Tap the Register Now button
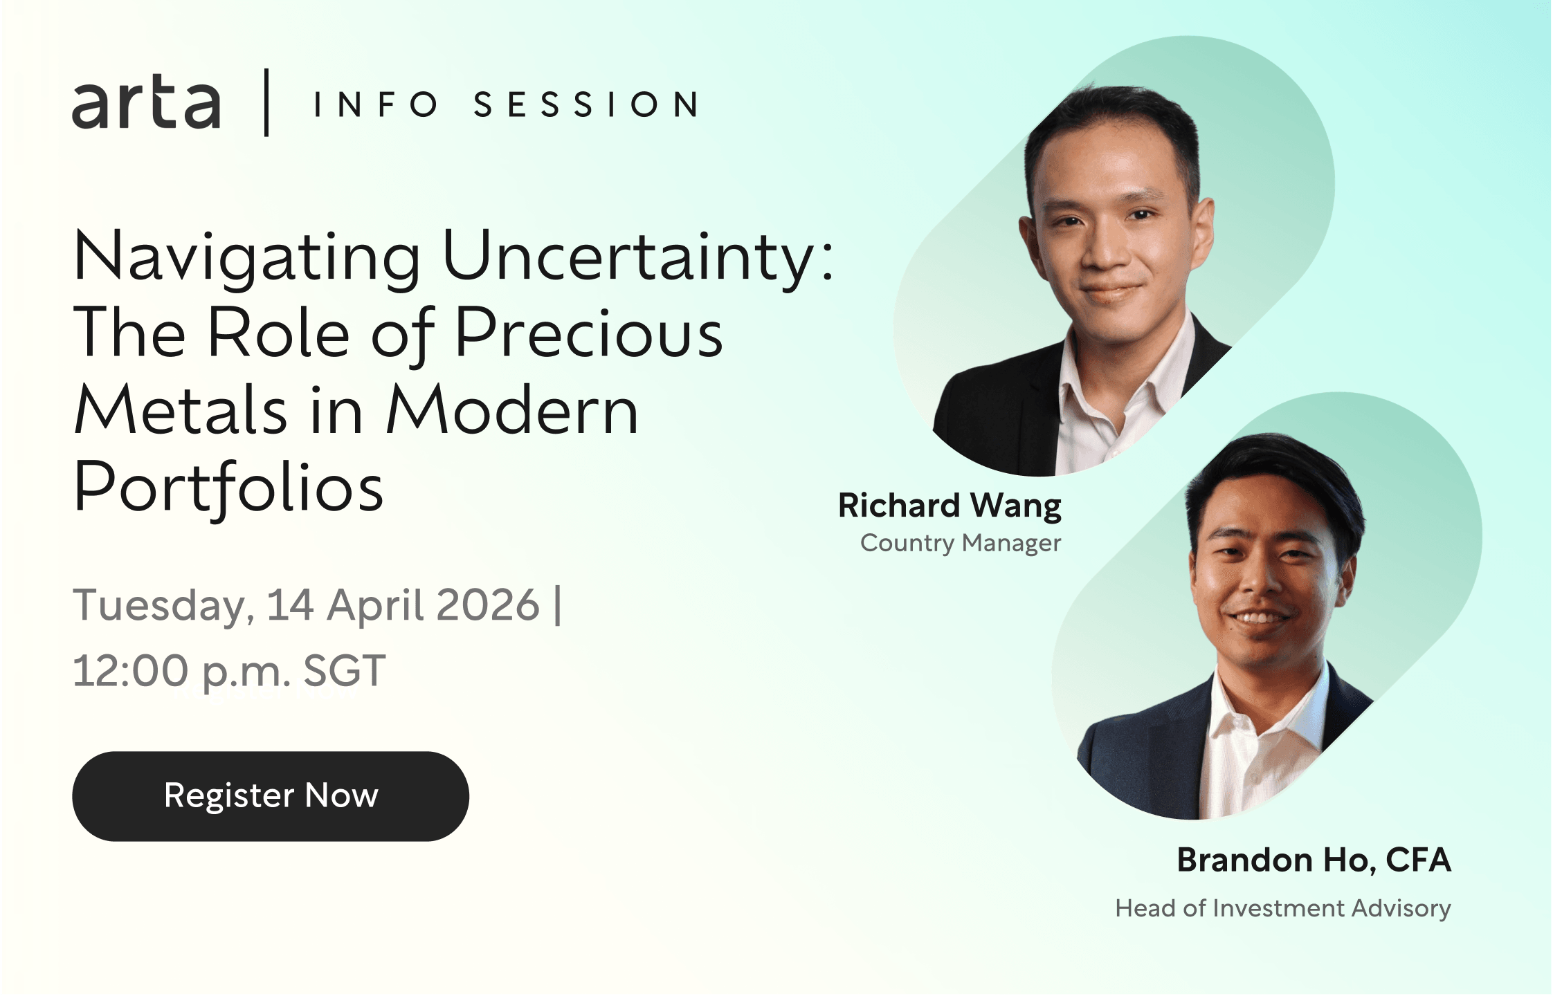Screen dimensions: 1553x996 tap(271, 796)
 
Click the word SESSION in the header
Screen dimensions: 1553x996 tap(586, 104)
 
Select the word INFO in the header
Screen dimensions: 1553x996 tap(376, 104)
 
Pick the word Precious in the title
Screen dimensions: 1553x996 tap(589, 333)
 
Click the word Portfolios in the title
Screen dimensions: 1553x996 tap(228, 488)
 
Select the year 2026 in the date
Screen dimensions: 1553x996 tap(488, 605)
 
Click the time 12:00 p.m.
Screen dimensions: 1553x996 tap(182, 672)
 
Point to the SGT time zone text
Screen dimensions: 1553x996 tap(345, 670)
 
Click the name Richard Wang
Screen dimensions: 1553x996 tap(950, 506)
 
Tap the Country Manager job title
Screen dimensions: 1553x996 tap(961, 543)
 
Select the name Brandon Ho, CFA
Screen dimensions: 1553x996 tap(1314, 860)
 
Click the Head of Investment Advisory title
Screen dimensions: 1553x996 tap(1283, 908)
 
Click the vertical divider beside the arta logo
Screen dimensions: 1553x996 tap(266, 102)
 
